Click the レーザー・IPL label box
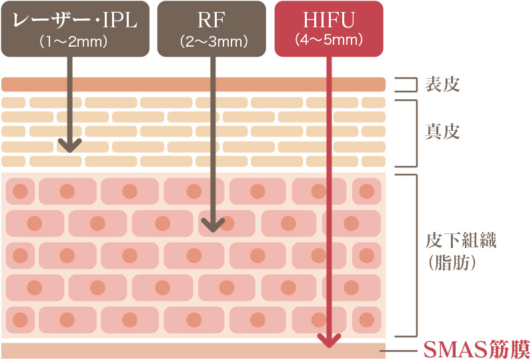(75, 29)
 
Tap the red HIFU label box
(329, 28)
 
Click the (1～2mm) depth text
(74, 41)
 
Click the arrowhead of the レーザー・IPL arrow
(69, 145)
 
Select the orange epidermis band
(193, 84)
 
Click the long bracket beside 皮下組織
(415, 255)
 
